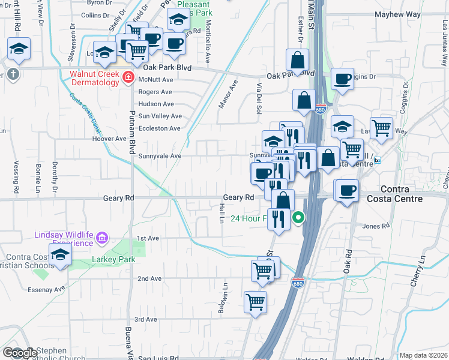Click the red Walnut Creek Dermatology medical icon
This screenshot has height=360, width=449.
pos(127,77)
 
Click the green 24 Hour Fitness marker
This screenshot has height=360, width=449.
pos(298,219)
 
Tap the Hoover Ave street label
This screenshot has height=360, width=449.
pos(109,139)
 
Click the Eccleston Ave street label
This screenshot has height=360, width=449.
pos(159,128)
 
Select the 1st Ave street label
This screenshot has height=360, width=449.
pos(148,238)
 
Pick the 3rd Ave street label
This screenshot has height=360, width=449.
pos(145,319)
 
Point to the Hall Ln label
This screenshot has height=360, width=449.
pos(221,213)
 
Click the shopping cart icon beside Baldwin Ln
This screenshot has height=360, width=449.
pos(255,301)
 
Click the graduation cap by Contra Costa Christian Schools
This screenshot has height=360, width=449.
pos(60,255)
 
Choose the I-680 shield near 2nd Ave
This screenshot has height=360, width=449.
pos(298,283)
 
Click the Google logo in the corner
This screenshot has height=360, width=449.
pos(20,353)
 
